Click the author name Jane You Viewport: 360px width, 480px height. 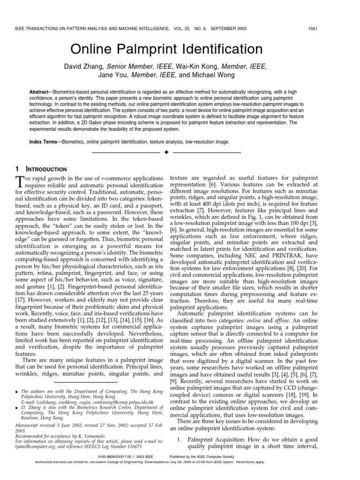(x=113, y=75)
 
